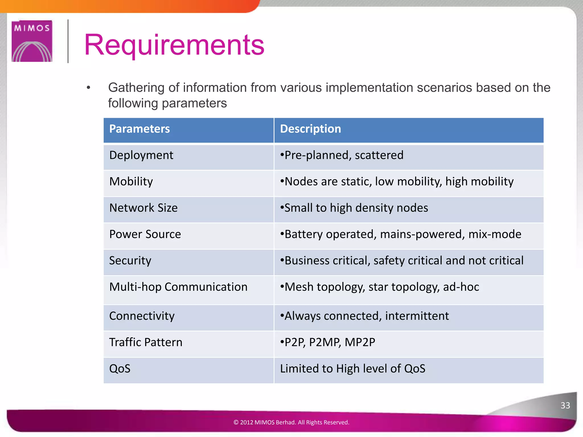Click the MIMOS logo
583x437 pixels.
(32, 41)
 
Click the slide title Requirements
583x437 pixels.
(174, 45)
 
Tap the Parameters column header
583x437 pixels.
(139, 129)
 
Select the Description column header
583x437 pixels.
(310, 129)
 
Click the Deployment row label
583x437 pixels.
(141, 155)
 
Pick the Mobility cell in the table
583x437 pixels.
(131, 182)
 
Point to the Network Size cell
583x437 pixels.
(143, 208)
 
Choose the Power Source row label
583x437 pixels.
(145, 234)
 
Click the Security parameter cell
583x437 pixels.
(130, 261)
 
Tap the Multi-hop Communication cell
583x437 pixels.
(178, 287)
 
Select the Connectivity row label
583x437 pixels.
(142, 316)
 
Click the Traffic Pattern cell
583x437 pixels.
(145, 342)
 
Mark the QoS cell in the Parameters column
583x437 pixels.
(120, 369)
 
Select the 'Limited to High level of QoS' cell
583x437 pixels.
(352, 369)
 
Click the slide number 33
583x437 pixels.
(565, 405)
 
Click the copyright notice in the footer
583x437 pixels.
(291, 422)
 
